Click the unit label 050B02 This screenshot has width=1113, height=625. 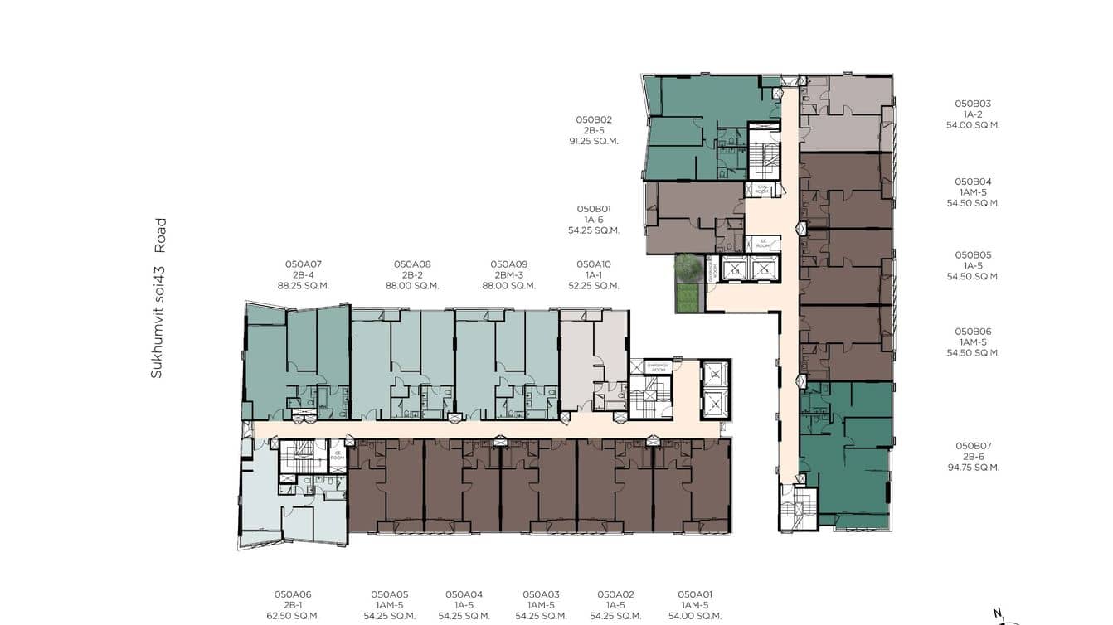pyautogui.click(x=594, y=119)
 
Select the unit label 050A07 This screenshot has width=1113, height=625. pyautogui.click(x=304, y=264)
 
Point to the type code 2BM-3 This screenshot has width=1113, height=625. pyautogui.click(x=509, y=275)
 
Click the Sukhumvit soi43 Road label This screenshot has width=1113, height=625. pyautogui.click(x=158, y=298)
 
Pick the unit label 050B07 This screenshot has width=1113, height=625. pyautogui.click(x=973, y=446)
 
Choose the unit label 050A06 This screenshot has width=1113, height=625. pyautogui.click(x=293, y=594)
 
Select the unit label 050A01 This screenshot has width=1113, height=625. pyautogui.click(x=695, y=594)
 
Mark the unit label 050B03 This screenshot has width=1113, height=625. pyautogui.click(x=973, y=104)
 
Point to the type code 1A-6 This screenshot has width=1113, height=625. pyautogui.click(x=594, y=220)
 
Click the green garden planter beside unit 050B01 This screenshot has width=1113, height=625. pyautogui.click(x=688, y=283)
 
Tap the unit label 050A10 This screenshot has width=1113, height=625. pyautogui.click(x=594, y=264)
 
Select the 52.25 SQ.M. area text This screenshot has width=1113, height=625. pyautogui.click(x=594, y=286)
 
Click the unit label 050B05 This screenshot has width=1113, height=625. pyautogui.click(x=973, y=255)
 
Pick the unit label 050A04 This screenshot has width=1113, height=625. pyautogui.click(x=464, y=594)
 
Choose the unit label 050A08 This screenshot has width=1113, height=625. pyautogui.click(x=412, y=264)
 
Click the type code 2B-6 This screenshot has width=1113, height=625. pyautogui.click(x=973, y=457)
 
